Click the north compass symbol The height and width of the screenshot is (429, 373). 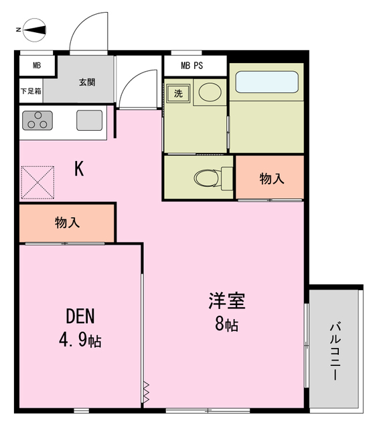click(x=33, y=29)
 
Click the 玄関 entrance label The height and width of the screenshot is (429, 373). click(x=87, y=82)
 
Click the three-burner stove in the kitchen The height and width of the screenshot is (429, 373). click(x=37, y=121)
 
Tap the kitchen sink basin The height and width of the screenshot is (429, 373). click(x=89, y=121)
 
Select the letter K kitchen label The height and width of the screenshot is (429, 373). click(x=78, y=169)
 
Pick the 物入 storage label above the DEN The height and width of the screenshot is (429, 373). click(x=68, y=223)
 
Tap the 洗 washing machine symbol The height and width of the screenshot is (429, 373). click(x=179, y=93)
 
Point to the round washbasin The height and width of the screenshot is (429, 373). click(x=210, y=93)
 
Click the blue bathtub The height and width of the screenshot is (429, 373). click(x=267, y=82)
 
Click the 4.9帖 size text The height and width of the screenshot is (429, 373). click(x=80, y=341)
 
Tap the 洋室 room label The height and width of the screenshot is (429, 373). click(x=226, y=300)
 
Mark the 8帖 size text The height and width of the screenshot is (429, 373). click(x=226, y=326)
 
